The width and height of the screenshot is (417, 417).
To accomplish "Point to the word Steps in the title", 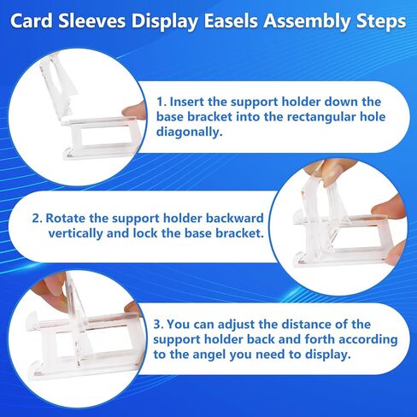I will (x=380, y=21).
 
